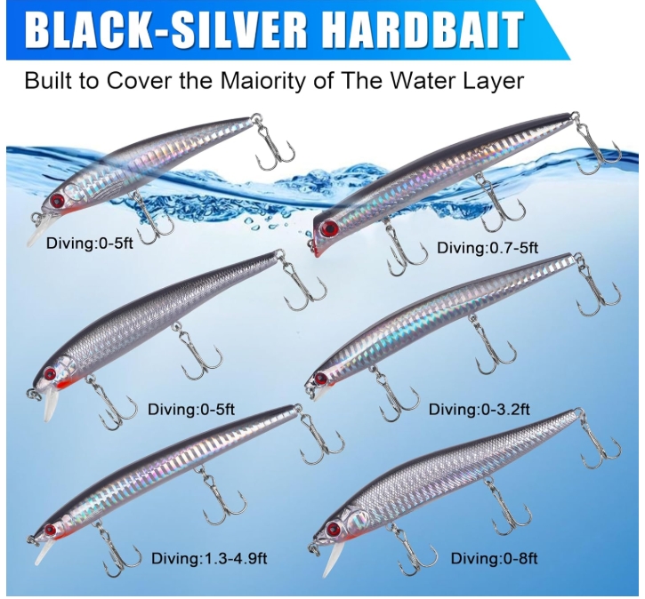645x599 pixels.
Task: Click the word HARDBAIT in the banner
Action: (x=426, y=30)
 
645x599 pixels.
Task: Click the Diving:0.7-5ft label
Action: (x=488, y=248)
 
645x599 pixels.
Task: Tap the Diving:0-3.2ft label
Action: (x=480, y=409)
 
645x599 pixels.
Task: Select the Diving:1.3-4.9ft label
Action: (x=209, y=558)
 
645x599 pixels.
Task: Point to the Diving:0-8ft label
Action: (x=494, y=558)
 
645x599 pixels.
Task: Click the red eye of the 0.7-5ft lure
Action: (x=330, y=228)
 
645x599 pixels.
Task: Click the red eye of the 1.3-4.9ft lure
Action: (x=51, y=530)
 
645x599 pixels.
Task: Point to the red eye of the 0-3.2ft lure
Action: (x=320, y=378)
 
